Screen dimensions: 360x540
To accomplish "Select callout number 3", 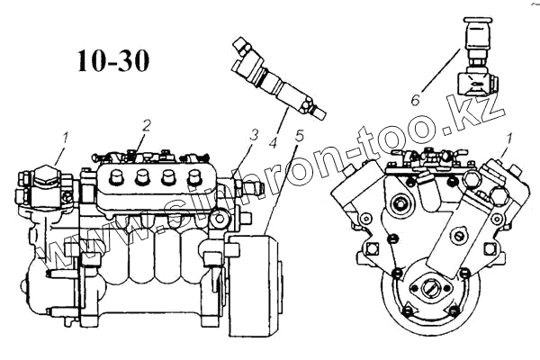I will coord(256,135).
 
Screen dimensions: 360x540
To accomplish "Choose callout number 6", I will coord(417,100).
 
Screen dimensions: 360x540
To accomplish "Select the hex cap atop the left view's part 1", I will coord(44,174).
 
